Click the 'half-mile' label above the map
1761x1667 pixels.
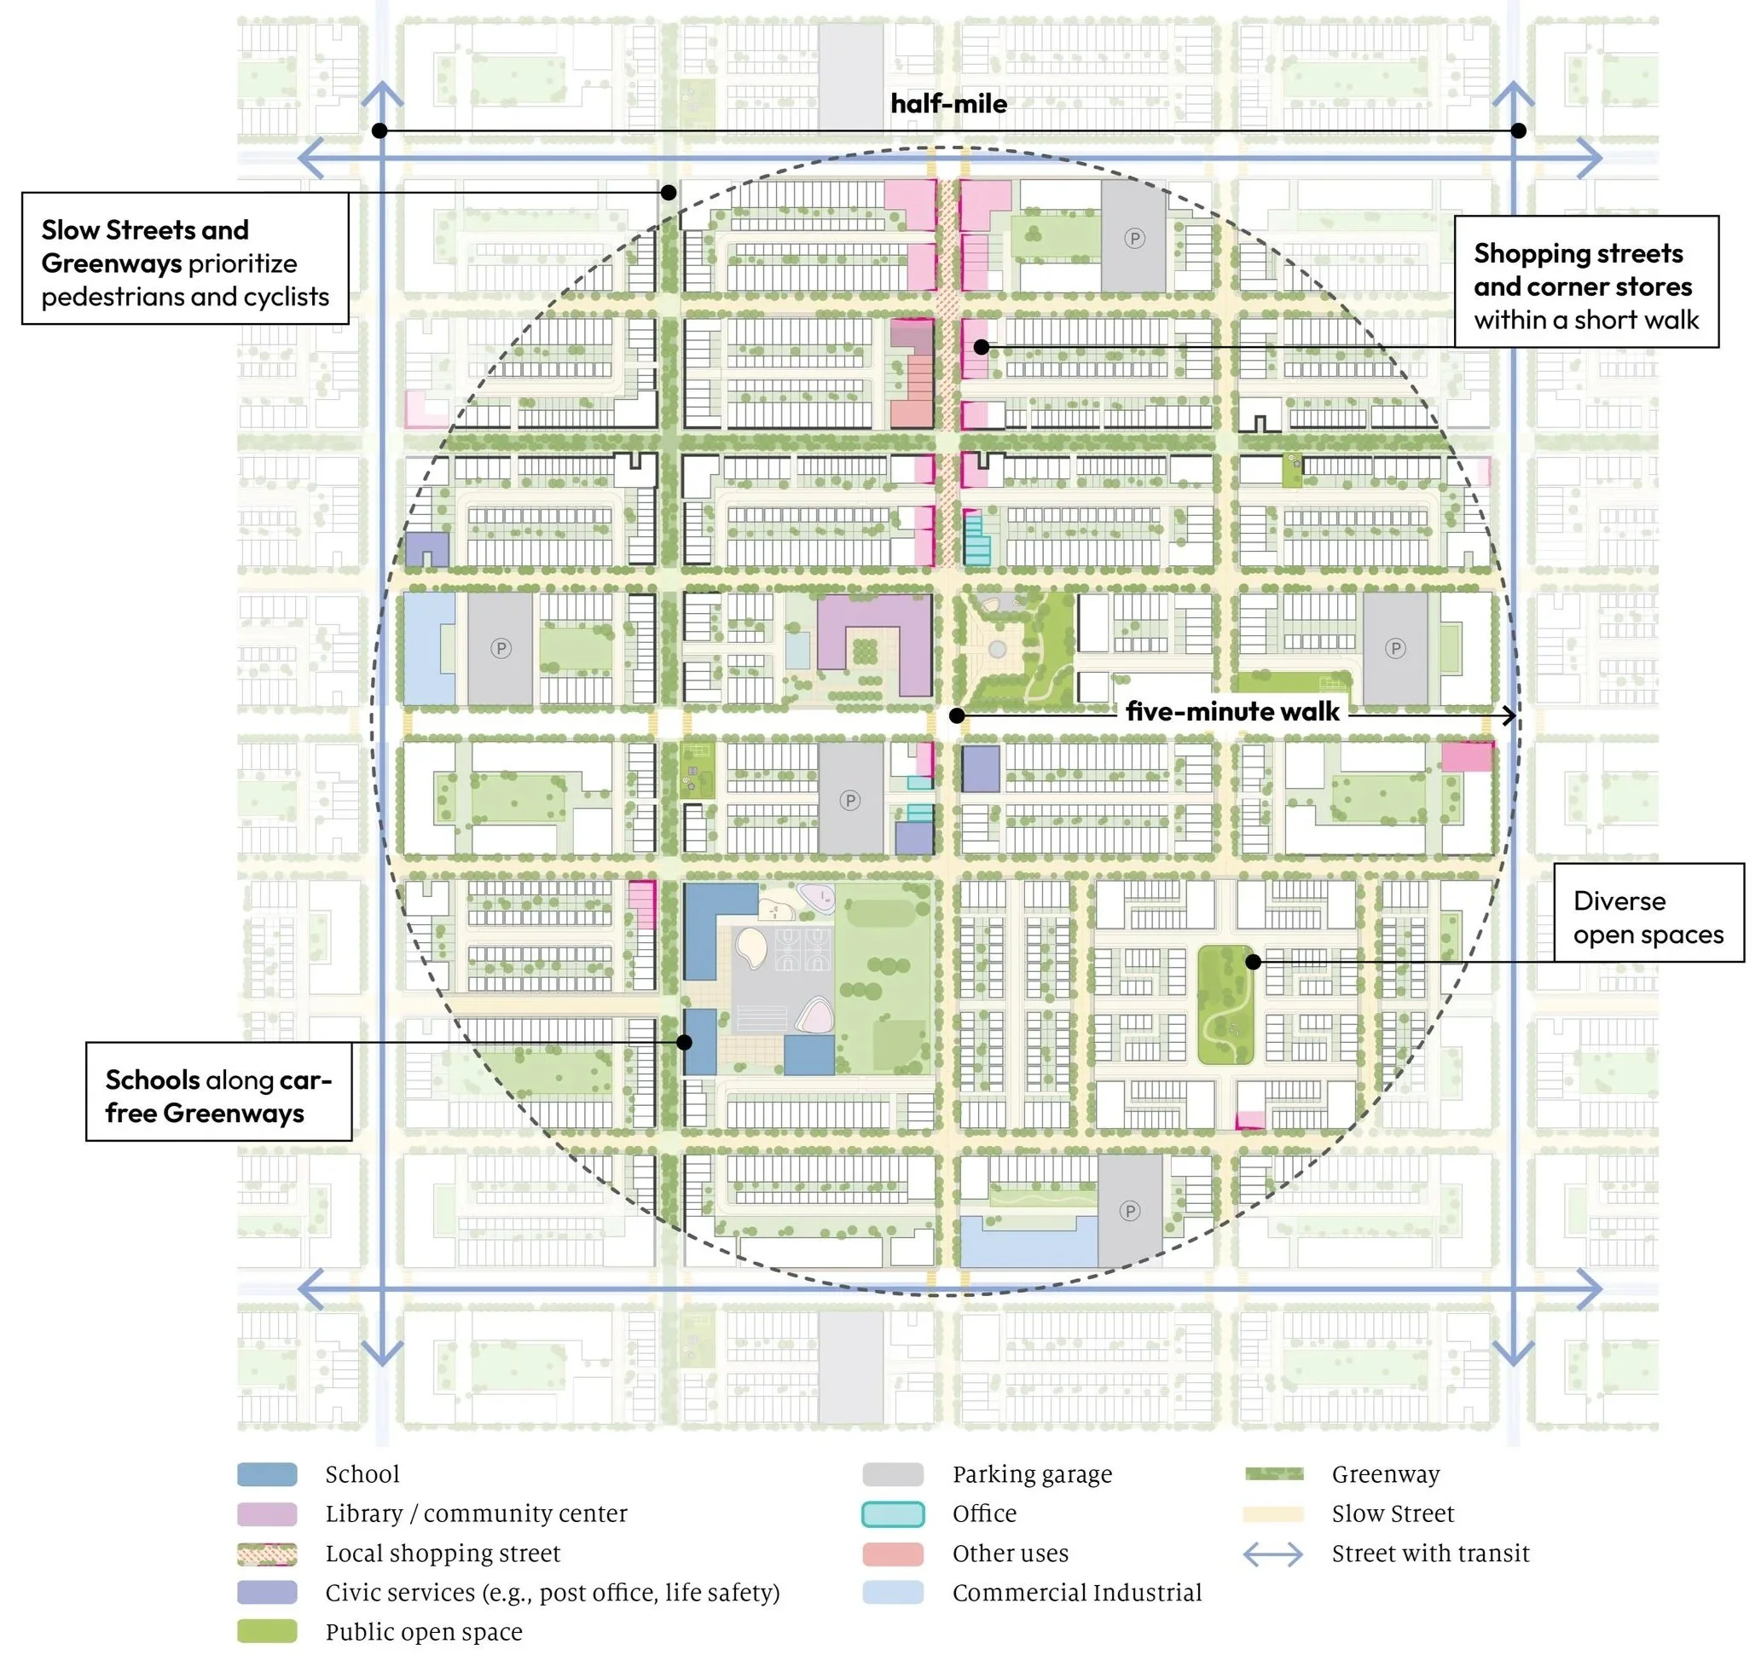pyautogui.click(x=948, y=104)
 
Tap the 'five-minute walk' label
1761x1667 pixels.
pyautogui.click(x=1231, y=712)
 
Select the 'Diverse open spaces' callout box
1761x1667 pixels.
pyautogui.click(x=1648, y=912)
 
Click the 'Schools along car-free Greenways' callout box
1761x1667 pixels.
pyautogui.click(x=218, y=1091)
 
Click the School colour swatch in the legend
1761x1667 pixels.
pyautogui.click(x=267, y=1475)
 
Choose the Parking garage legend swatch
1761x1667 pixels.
pyautogui.click(x=893, y=1475)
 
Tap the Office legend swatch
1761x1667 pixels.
pyautogui.click(x=893, y=1514)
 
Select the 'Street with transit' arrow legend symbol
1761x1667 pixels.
pyautogui.click(x=1272, y=1554)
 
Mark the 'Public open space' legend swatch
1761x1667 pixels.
pyautogui.click(x=267, y=1631)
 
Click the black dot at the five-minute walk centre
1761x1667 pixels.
pyautogui.click(x=957, y=715)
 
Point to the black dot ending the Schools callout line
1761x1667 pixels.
pyautogui.click(x=684, y=1042)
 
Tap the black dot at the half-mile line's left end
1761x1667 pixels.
pyautogui.click(x=379, y=130)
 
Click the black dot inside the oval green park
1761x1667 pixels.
pyautogui.click(x=1253, y=962)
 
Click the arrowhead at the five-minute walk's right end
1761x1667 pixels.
pyautogui.click(x=1509, y=715)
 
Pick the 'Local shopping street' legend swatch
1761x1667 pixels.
pyautogui.click(x=267, y=1554)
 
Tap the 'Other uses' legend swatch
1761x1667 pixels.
pyautogui.click(x=893, y=1554)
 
